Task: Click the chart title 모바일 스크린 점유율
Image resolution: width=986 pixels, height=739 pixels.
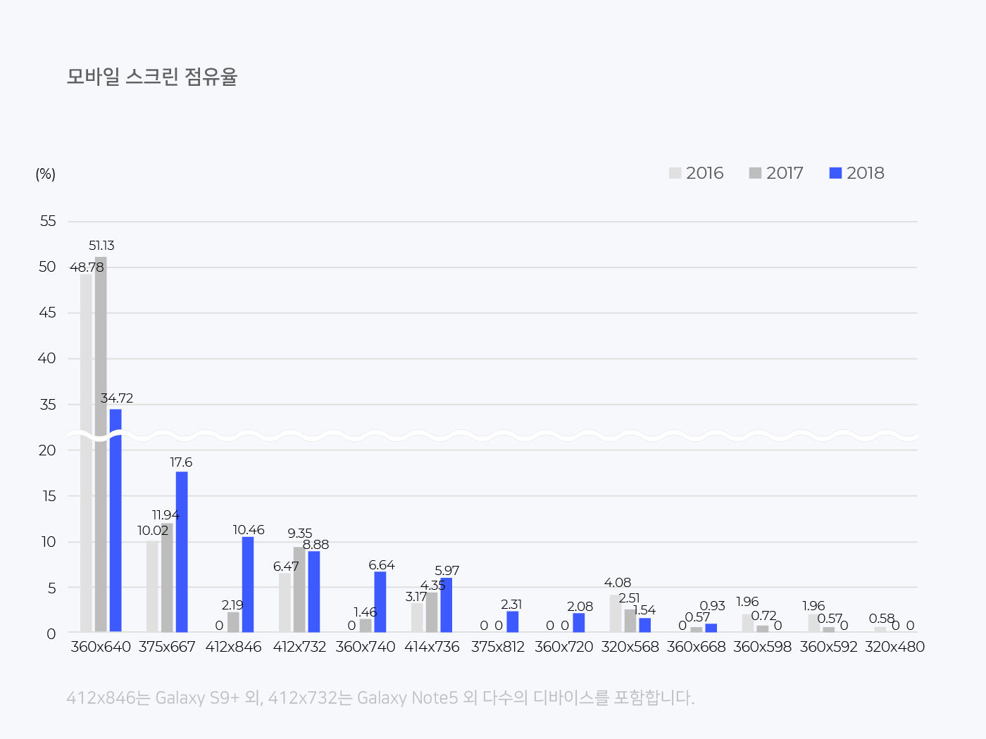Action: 152,76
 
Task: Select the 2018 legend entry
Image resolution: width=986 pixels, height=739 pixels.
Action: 856,173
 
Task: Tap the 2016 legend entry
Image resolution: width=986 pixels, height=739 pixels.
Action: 696,173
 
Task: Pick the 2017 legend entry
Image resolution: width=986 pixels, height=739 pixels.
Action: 776,173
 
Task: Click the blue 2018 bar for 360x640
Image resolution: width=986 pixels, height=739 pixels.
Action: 116,521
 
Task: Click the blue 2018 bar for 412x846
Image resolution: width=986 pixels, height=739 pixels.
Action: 248,584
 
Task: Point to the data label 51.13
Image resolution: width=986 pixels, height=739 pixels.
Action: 101,246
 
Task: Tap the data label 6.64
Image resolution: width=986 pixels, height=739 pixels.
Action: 382,565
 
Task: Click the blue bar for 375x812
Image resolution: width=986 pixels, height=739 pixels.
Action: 513,621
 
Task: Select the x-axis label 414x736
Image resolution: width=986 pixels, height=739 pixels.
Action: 432,647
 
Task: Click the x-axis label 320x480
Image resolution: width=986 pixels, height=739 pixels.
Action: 894,647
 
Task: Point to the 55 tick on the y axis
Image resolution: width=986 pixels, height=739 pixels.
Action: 47,221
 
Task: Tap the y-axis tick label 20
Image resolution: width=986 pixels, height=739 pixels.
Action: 47,450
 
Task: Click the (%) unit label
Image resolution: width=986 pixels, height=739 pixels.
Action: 45,174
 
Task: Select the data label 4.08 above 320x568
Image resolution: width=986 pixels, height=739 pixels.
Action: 618,583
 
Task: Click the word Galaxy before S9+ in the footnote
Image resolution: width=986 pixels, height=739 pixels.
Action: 180,698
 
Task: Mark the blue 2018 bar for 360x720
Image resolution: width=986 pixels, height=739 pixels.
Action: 579,623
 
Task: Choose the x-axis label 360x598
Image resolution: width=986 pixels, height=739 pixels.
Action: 762,647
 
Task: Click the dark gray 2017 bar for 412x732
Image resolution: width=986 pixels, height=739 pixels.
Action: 299,590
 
